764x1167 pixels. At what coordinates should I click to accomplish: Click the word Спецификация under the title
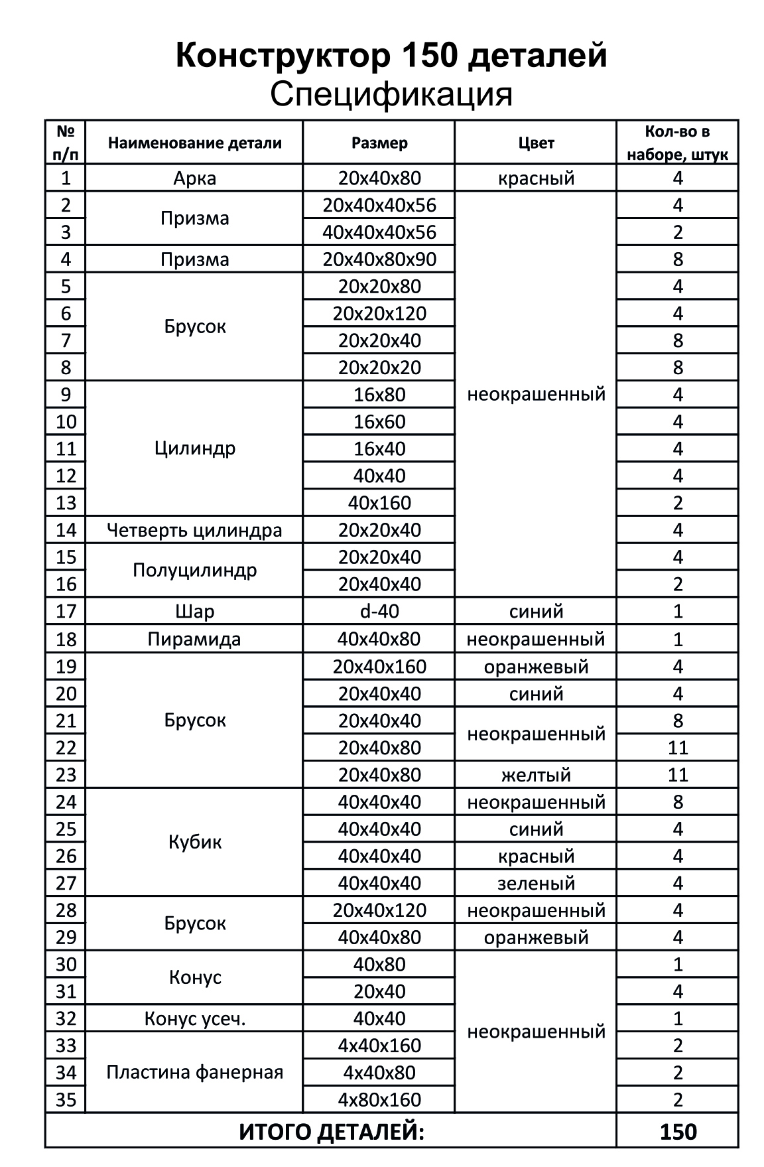pos(391,94)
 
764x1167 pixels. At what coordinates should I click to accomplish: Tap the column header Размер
pos(379,143)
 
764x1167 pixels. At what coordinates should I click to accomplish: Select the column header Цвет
pos(536,143)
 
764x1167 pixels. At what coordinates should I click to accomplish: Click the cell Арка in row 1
pos(194,178)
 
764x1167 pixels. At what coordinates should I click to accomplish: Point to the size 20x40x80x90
pos(379,259)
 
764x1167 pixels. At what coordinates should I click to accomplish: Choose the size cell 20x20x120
pos(379,313)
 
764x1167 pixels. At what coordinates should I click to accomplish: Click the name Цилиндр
pos(194,448)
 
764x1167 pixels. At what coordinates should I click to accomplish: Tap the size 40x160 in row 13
pos(379,503)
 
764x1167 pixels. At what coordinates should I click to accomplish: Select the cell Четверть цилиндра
pos(194,530)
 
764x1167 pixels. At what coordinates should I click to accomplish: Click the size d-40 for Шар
pos(379,611)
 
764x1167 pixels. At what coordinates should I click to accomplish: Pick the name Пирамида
pos(194,640)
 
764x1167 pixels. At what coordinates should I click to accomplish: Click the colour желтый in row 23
pos(536,775)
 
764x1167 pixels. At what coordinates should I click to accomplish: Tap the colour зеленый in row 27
pos(536,883)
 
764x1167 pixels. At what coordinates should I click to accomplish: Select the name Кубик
pos(194,843)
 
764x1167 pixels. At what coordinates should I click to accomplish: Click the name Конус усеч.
pos(194,1018)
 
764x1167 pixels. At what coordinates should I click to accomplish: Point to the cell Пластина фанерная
pos(194,1072)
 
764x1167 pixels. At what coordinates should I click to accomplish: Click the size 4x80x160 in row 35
pos(379,1099)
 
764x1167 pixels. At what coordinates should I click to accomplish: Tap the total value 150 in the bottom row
pos(678,1132)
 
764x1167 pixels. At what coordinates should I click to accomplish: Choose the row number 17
pos(66,611)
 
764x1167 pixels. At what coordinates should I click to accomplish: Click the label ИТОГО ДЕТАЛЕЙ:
pos(331,1132)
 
